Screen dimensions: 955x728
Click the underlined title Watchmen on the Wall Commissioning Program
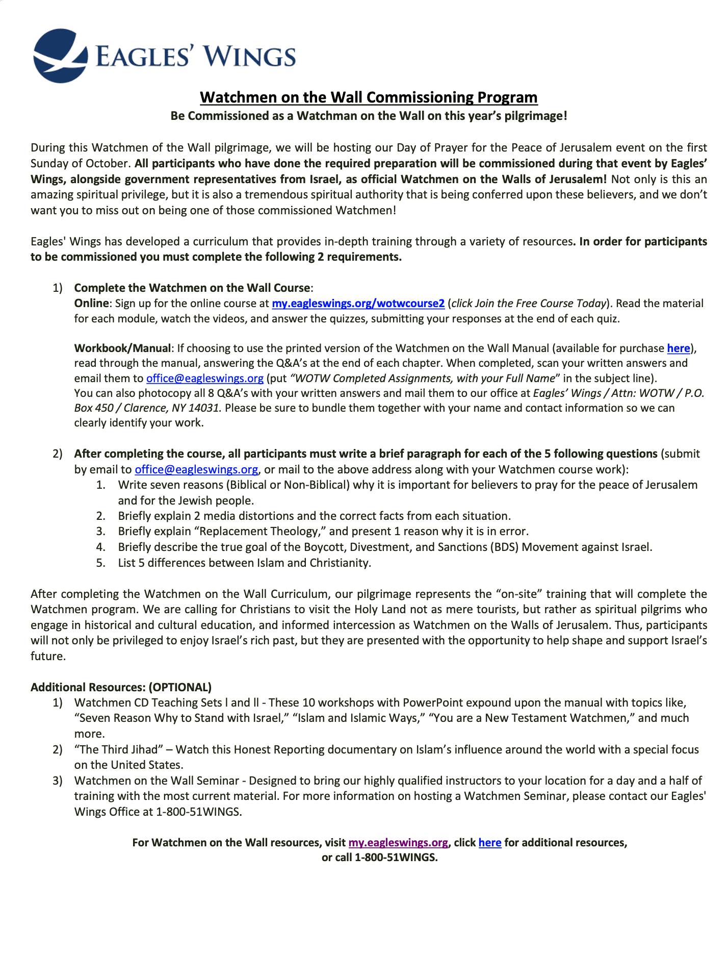pyautogui.click(x=368, y=97)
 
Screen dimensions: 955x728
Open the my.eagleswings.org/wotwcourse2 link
pyautogui.click(x=358, y=304)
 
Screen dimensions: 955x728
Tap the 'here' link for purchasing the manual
pyautogui.click(x=678, y=348)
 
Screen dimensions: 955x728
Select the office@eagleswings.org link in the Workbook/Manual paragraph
pyautogui.click(x=204, y=379)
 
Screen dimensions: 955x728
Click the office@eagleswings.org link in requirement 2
pyautogui.click(x=196, y=469)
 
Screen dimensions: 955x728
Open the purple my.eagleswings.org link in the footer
pyautogui.click(x=398, y=843)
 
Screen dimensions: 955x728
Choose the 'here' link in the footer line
pyautogui.click(x=489, y=843)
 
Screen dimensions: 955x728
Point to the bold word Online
pyautogui.click(x=91, y=304)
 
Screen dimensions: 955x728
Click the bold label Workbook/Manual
pyautogui.click(x=122, y=348)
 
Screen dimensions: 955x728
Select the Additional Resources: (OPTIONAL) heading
pyautogui.click(x=121, y=687)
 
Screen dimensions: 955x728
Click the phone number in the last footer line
pyautogui.click(x=396, y=858)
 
